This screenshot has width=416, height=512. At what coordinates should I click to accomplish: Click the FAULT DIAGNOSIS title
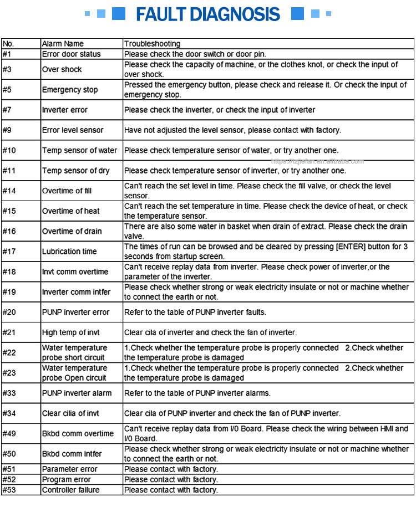tap(207, 14)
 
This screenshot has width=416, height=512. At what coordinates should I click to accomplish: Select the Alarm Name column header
tap(63, 44)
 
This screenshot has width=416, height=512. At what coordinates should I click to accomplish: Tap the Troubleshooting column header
tap(152, 44)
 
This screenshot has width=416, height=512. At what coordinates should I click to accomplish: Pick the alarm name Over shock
tap(62, 69)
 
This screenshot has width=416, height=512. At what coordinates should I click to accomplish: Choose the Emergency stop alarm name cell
tap(70, 90)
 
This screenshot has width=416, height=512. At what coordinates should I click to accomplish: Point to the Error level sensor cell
tap(73, 130)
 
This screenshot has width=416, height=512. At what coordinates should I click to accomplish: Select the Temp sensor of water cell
tap(79, 150)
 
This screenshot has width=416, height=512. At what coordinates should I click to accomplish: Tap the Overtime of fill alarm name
tap(67, 191)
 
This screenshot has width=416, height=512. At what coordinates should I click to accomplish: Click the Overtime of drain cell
tap(72, 231)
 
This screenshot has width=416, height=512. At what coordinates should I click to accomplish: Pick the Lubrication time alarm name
tap(69, 252)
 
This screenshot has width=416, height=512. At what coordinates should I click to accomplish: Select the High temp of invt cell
tap(70, 332)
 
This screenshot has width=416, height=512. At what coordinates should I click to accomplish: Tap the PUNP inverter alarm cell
tap(77, 393)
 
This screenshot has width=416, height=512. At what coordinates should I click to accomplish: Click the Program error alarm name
tap(67, 479)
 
